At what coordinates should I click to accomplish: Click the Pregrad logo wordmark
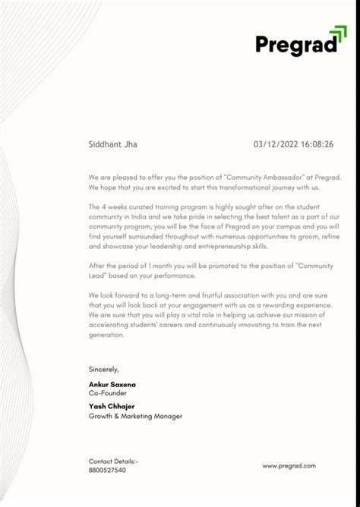pos(295,45)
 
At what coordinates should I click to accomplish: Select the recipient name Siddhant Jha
pos(113,144)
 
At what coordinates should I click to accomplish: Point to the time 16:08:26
pos(318,144)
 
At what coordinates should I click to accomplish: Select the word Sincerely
pos(104,369)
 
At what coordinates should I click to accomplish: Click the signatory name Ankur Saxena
pos(112,384)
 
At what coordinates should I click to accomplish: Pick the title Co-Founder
pos(107,393)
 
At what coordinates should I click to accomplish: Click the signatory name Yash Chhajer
pos(112,406)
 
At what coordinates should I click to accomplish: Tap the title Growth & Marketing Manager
pos(135,416)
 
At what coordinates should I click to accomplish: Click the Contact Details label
pos(113,461)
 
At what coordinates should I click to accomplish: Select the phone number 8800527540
pos(107,470)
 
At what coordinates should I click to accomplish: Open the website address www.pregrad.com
pos(289,466)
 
